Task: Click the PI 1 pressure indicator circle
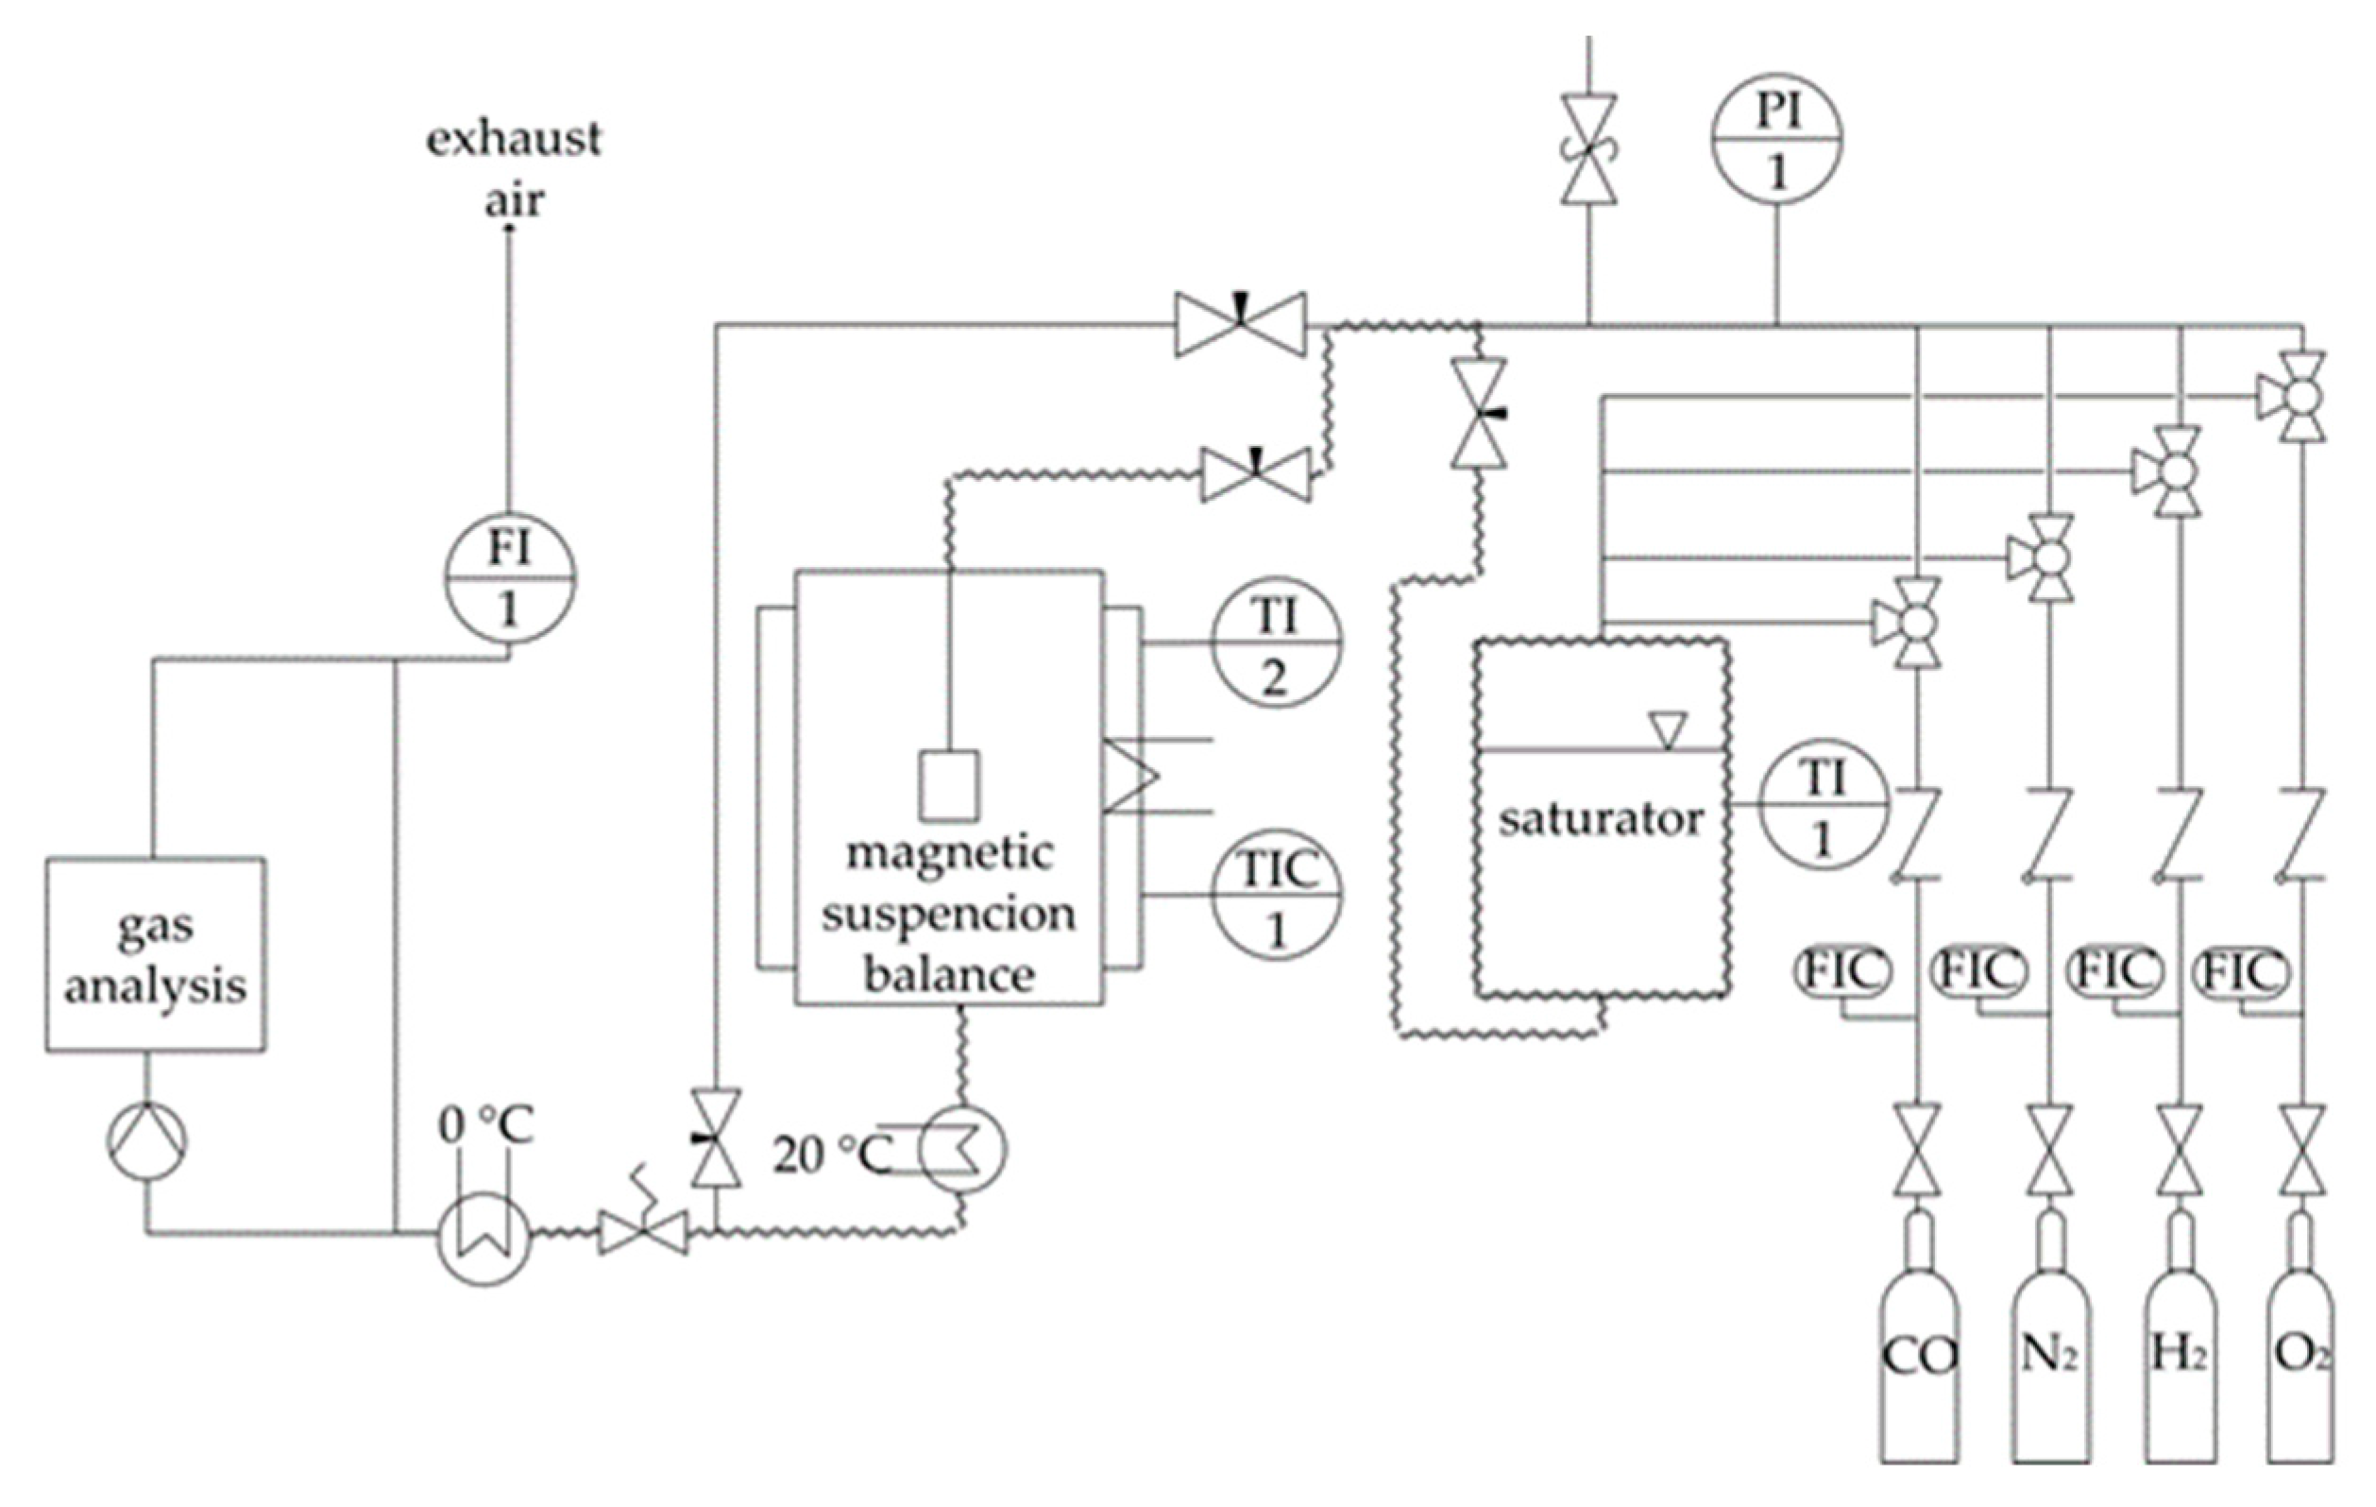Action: (x=1776, y=139)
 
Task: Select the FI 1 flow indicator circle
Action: (x=509, y=578)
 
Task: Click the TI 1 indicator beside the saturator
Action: (x=1824, y=805)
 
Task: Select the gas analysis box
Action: (x=155, y=954)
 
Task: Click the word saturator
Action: (x=1600, y=819)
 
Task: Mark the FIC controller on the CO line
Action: (x=1842, y=971)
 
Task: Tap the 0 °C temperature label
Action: (x=485, y=1125)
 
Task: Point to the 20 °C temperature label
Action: (x=832, y=1155)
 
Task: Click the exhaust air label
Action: (x=513, y=168)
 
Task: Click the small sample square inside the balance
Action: (x=949, y=785)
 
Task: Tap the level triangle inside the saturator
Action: (x=1668, y=730)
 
